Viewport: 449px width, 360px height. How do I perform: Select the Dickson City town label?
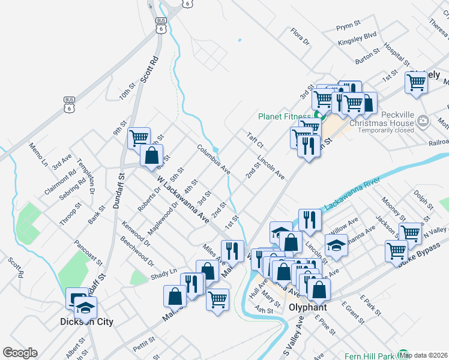[x=86, y=322]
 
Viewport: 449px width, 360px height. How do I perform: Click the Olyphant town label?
[x=307, y=307]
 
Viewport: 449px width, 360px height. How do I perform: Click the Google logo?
[x=20, y=353]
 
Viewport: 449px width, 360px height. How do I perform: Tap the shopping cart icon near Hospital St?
[x=416, y=82]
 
